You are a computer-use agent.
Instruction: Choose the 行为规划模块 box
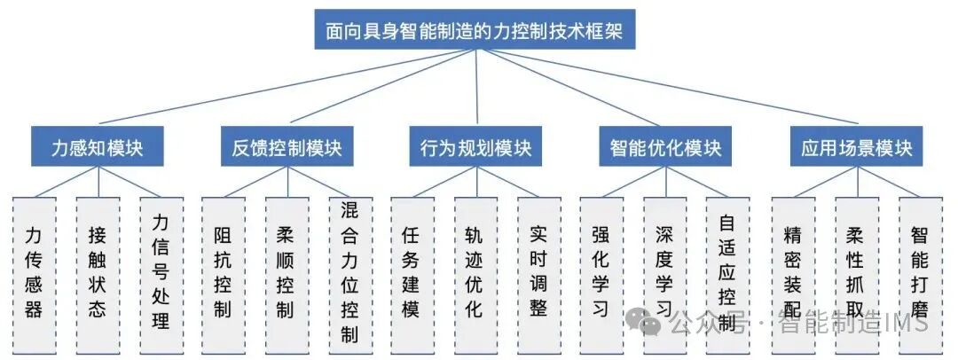(x=476, y=147)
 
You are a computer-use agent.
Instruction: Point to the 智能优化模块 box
(x=665, y=147)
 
